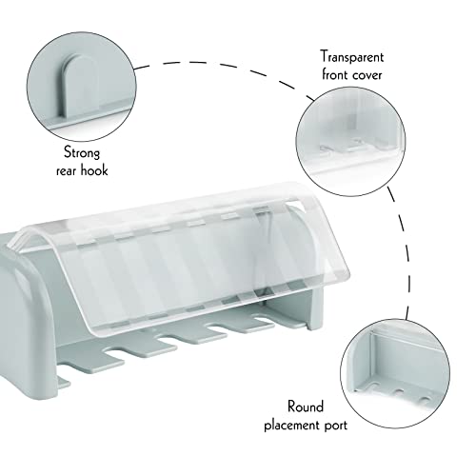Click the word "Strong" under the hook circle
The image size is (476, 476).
point(82,152)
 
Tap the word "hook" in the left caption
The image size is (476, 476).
point(94,170)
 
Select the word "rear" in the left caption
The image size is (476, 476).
point(67,171)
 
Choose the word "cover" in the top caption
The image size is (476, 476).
point(367,76)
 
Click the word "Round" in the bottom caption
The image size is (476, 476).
point(306,407)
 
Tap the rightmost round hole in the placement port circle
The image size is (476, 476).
point(424,399)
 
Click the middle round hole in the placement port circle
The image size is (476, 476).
point(399,392)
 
